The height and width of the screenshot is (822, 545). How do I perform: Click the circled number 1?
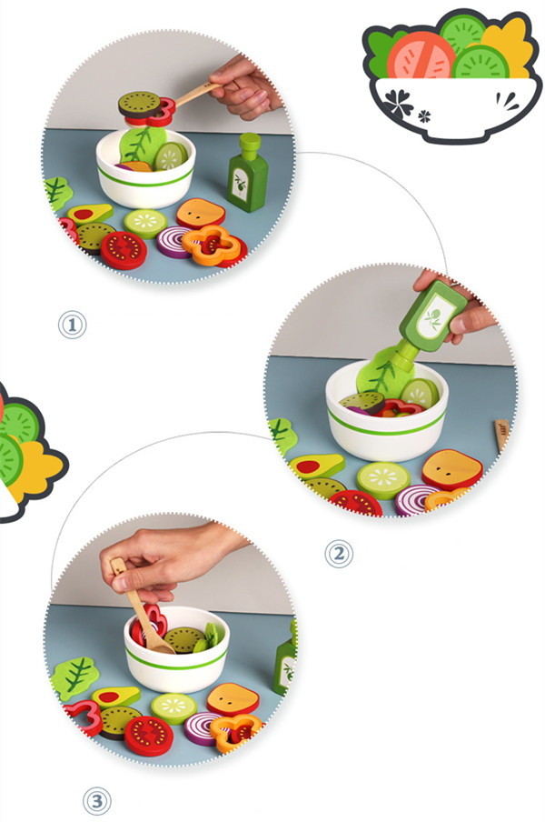(72, 325)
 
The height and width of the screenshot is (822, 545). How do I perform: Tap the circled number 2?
(339, 554)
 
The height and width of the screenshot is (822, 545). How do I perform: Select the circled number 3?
(97, 801)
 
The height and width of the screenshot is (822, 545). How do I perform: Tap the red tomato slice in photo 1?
(124, 250)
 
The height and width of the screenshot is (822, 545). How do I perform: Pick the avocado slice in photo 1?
(90, 213)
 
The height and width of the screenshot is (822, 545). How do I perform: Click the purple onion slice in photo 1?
(174, 242)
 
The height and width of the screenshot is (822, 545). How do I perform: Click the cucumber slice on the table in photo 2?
(383, 480)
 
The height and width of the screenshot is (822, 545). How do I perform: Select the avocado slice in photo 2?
(317, 466)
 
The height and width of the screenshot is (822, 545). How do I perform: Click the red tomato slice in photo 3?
(149, 736)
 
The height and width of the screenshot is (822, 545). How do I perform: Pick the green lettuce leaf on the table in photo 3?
(75, 677)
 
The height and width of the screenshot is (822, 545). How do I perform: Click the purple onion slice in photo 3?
(203, 728)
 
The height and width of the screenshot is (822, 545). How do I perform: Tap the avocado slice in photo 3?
(115, 697)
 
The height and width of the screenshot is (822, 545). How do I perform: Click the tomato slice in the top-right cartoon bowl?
(421, 55)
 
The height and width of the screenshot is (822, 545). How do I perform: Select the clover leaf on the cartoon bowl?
(400, 102)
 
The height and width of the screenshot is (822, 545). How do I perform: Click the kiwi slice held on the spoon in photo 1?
(140, 104)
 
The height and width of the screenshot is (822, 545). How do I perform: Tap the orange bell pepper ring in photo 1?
(212, 245)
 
